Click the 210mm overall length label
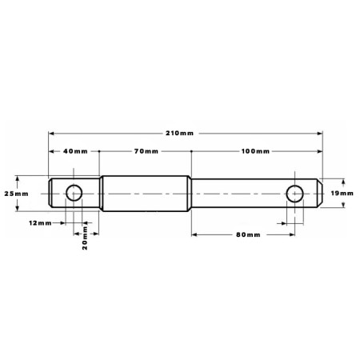pyautogui.click(x=179, y=133)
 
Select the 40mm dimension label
pyautogui.click(x=75, y=151)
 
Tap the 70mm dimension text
pyautogui.click(x=146, y=151)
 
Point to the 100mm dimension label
pyautogui.click(x=255, y=151)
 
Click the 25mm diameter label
pyautogui.click(x=16, y=194)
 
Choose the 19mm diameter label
pyautogui.click(x=342, y=193)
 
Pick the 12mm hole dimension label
pyautogui.click(x=40, y=222)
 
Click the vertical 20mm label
pyautogui.click(x=85, y=238)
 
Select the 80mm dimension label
pyautogui.click(x=248, y=234)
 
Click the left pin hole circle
pyautogui.click(x=74, y=185)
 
